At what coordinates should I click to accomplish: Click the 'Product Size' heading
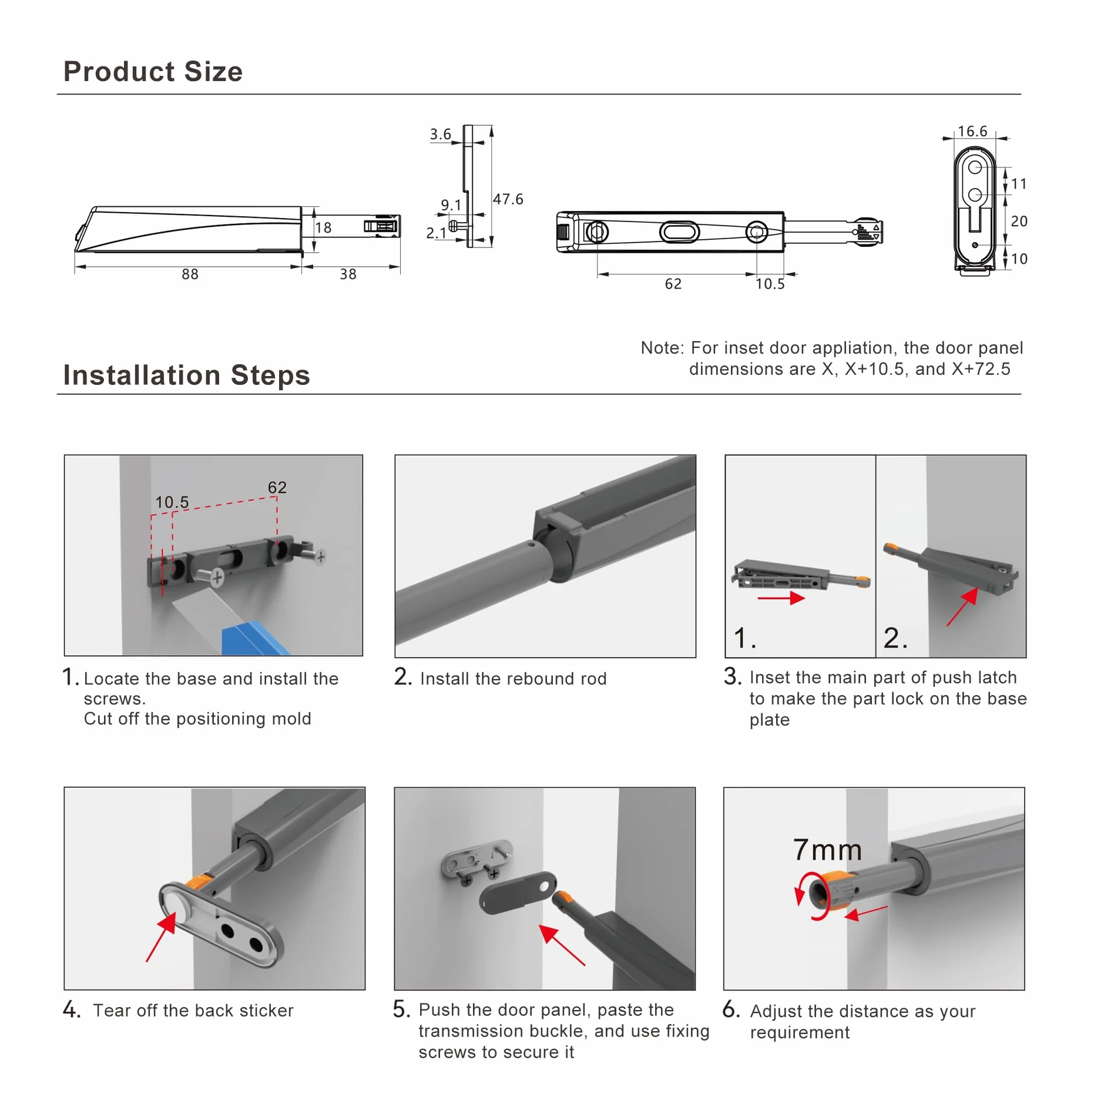[x=153, y=71]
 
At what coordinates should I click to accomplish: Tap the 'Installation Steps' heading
[x=186, y=375]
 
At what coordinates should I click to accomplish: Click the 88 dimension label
[x=190, y=274]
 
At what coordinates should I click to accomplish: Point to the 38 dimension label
[x=348, y=274]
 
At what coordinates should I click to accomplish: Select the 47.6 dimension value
[x=508, y=199]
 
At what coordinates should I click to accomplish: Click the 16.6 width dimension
[x=972, y=131]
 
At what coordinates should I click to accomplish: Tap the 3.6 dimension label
[x=440, y=134]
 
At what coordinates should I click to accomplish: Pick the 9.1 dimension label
[x=451, y=204]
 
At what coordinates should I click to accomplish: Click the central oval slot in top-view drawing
[x=679, y=231]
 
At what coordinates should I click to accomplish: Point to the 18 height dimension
[x=323, y=227]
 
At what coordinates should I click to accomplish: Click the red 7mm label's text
[x=827, y=850]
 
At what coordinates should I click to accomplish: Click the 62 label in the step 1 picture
[x=277, y=487]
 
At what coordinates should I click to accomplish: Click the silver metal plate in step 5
[x=476, y=860]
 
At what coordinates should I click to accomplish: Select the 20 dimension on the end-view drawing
[x=1019, y=221]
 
